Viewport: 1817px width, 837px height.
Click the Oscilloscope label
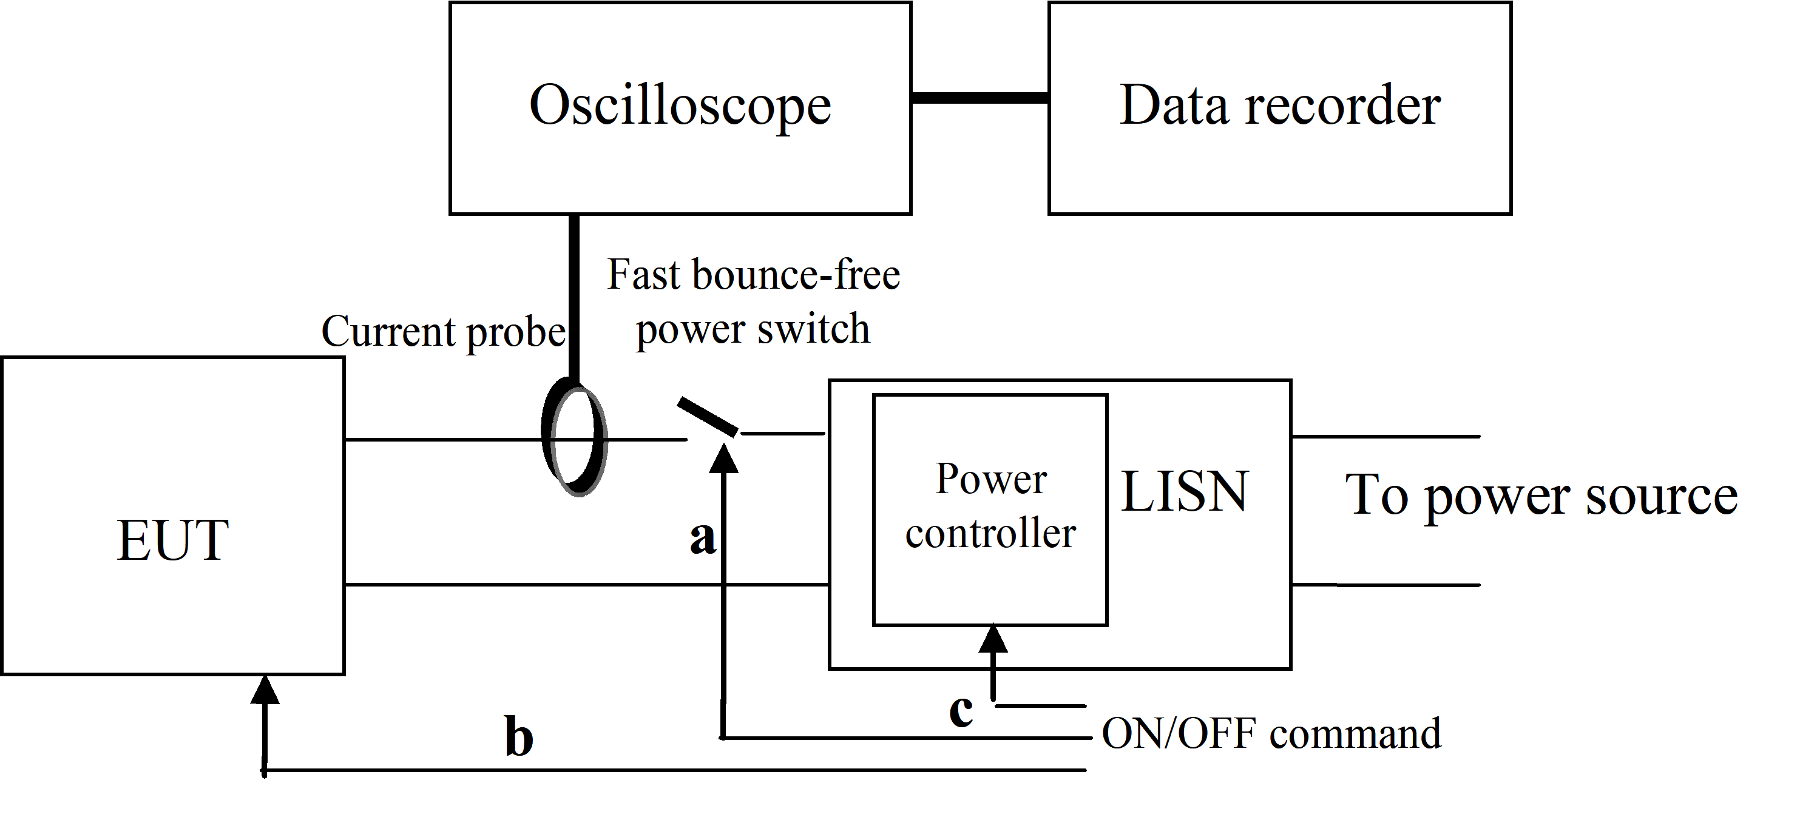tap(680, 106)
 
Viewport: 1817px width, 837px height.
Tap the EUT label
tap(173, 540)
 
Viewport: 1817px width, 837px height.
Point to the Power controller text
tap(990, 506)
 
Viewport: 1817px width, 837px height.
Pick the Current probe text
tap(443, 331)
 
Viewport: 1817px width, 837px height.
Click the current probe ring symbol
tap(575, 437)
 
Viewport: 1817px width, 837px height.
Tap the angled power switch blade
tap(708, 417)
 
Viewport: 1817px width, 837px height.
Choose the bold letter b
tap(519, 737)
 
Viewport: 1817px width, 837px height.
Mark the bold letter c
tap(961, 710)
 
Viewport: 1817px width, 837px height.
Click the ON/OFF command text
tap(1271, 734)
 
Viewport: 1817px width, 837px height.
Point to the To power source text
tap(1541, 496)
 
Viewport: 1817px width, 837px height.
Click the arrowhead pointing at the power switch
tap(723, 459)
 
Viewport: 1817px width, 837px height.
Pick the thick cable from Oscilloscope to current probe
tap(574, 296)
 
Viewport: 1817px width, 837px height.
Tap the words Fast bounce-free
tap(753, 274)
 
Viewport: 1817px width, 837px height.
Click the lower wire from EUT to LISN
tap(586, 585)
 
